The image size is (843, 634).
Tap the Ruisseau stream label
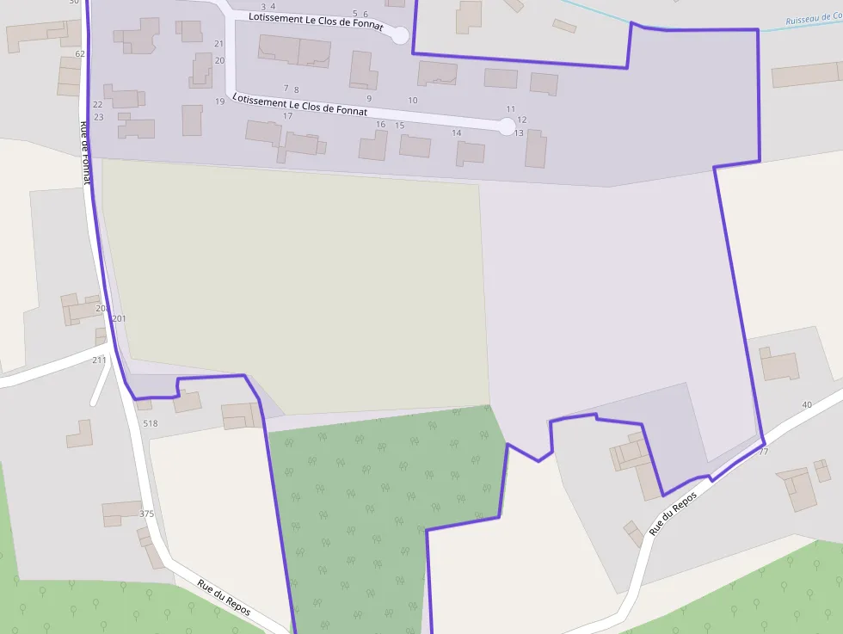pyautogui.click(x=813, y=19)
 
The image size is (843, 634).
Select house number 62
pyautogui.click(x=80, y=54)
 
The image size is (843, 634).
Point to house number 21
pyautogui.click(x=218, y=44)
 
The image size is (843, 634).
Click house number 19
pyautogui.click(x=220, y=102)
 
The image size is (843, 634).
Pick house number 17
pyautogui.click(x=287, y=116)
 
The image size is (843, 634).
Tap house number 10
pyautogui.click(x=413, y=101)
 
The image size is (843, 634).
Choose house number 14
pyautogui.click(x=456, y=133)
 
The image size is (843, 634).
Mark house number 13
pyautogui.click(x=519, y=133)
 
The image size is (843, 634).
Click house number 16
pyautogui.click(x=380, y=125)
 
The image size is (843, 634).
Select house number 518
pyautogui.click(x=151, y=423)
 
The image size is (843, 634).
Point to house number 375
pyautogui.click(x=146, y=514)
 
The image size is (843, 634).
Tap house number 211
pyautogui.click(x=99, y=360)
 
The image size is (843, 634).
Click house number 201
pyautogui.click(x=119, y=319)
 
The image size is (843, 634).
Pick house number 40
pyautogui.click(x=806, y=404)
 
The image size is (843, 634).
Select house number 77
pyautogui.click(x=763, y=452)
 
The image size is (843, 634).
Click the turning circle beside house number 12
pyautogui.click(x=508, y=126)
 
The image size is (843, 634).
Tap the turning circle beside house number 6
pyautogui.click(x=400, y=35)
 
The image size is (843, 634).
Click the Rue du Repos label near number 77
pyautogui.click(x=673, y=514)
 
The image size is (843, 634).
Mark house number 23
pyautogui.click(x=98, y=117)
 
